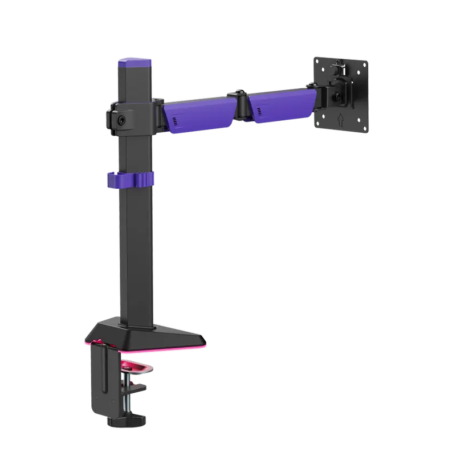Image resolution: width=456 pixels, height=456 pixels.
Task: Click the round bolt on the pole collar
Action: [x=122, y=120]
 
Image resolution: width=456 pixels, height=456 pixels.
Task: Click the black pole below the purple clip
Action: [x=136, y=251]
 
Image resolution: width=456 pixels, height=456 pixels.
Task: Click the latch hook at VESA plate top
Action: [x=341, y=68]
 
